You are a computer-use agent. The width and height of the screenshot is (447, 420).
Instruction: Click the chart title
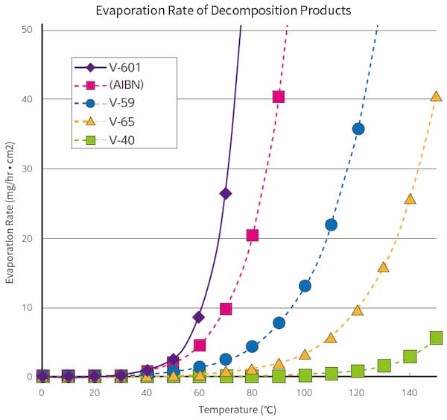(223, 11)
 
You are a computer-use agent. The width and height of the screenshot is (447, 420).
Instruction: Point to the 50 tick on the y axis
(27, 30)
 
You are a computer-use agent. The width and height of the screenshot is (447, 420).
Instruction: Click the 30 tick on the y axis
(27, 169)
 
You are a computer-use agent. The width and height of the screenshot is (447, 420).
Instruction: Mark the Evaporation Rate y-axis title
(10, 203)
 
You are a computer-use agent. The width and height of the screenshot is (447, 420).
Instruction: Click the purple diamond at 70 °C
(226, 194)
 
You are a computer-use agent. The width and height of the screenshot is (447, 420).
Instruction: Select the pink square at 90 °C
(279, 97)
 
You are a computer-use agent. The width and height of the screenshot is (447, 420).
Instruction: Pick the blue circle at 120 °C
(358, 129)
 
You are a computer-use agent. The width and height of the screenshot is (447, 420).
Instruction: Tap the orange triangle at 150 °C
(436, 96)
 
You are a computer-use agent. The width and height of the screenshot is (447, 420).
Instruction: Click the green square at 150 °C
(436, 338)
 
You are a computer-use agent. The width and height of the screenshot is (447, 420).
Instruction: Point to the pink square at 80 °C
(252, 235)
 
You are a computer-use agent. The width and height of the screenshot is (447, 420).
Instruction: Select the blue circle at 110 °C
(331, 225)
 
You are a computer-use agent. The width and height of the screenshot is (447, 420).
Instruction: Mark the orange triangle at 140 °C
(410, 198)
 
